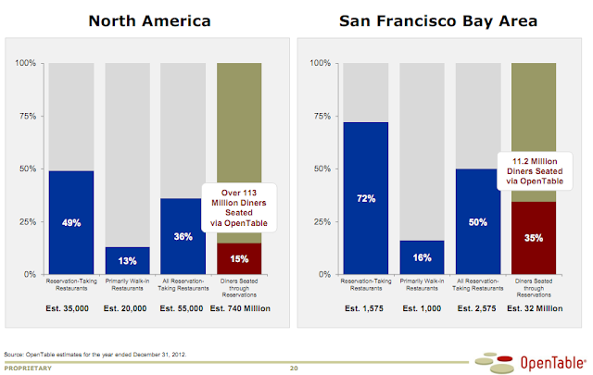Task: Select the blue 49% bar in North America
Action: (x=71, y=222)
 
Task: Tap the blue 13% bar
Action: (x=127, y=260)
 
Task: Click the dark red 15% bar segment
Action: (x=238, y=259)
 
